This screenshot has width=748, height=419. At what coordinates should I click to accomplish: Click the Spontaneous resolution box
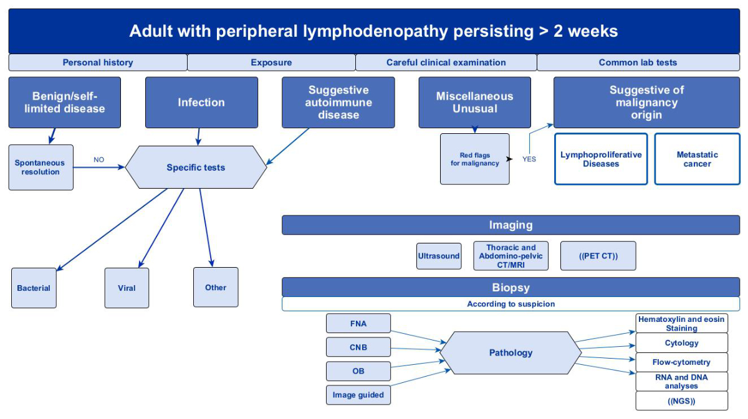pyautogui.click(x=41, y=167)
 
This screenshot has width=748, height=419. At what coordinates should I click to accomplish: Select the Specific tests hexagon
pyautogui.click(x=196, y=167)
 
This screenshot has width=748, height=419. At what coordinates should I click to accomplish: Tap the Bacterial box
pyautogui.click(x=34, y=288)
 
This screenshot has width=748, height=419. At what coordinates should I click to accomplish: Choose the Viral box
pyautogui.click(x=127, y=288)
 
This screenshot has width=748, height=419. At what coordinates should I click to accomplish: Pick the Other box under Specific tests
pyautogui.click(x=216, y=287)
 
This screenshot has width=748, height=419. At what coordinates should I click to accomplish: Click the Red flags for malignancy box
pyautogui.click(x=474, y=159)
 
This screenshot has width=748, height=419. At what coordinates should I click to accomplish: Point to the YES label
pyautogui.click(x=529, y=159)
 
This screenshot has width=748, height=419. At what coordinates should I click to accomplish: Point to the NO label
pyautogui.click(x=99, y=160)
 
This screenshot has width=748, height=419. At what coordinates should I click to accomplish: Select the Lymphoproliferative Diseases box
pyautogui.click(x=601, y=159)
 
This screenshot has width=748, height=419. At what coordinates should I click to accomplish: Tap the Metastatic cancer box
pyautogui.click(x=697, y=159)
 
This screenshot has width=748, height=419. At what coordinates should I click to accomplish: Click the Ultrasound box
pyautogui.click(x=439, y=256)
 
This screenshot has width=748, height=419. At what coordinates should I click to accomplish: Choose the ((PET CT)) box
pyautogui.click(x=598, y=256)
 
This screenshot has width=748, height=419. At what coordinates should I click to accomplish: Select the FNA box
pyautogui.click(x=358, y=323)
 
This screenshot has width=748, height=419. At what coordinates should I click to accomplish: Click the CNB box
pyautogui.click(x=358, y=347)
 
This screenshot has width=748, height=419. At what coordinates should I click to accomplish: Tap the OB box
pyautogui.click(x=358, y=371)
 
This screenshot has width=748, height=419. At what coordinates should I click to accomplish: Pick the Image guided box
pyautogui.click(x=358, y=395)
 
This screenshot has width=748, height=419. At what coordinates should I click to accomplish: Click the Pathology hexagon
pyautogui.click(x=511, y=353)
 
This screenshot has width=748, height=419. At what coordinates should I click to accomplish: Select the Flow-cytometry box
pyautogui.click(x=681, y=362)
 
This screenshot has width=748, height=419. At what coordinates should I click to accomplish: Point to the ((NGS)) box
pyautogui.click(x=681, y=401)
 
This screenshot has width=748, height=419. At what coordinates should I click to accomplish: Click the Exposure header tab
pyautogui.click(x=271, y=62)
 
